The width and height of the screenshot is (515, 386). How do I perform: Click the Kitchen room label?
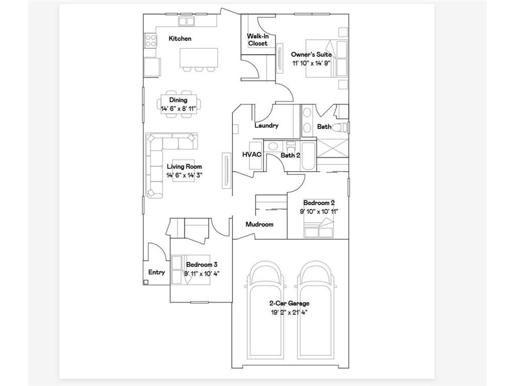(x=180, y=39)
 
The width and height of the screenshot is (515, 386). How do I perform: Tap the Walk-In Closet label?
(x=257, y=40)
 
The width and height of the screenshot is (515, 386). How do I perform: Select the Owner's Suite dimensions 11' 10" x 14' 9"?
(x=312, y=63)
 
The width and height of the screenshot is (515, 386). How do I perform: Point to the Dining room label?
(x=178, y=101)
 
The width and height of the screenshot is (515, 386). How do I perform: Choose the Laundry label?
(x=266, y=126)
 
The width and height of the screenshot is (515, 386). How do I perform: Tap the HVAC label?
(x=252, y=155)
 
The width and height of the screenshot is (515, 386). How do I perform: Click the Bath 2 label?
(x=290, y=155)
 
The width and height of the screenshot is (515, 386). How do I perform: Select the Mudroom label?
(x=259, y=224)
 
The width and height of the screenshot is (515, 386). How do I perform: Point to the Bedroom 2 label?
(x=319, y=203)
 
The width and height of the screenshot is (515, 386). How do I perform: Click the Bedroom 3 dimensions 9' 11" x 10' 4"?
(x=202, y=273)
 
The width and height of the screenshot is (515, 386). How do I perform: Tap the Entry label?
(x=156, y=272)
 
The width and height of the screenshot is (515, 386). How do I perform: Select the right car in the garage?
(x=315, y=312)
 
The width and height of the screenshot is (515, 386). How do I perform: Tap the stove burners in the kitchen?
(x=150, y=40)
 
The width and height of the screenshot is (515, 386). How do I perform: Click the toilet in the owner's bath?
(x=342, y=127)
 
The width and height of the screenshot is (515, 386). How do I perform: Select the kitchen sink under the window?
(x=187, y=21)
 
